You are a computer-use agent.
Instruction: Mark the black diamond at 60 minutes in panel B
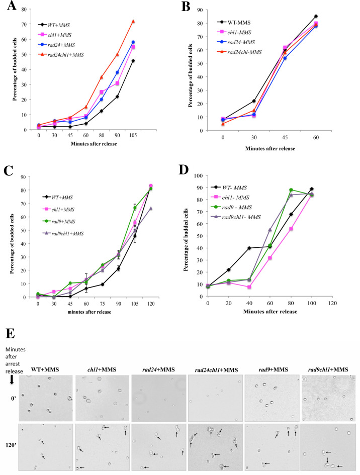coord(330,16)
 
